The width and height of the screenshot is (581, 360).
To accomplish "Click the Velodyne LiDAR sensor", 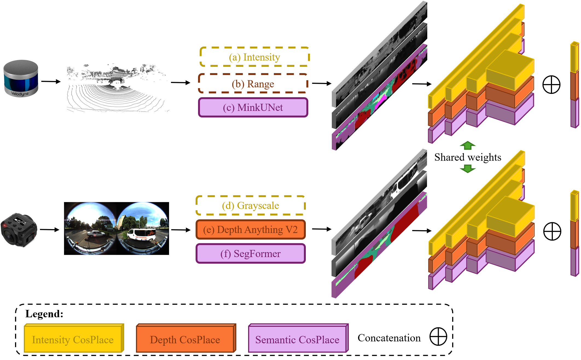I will [x=21, y=78].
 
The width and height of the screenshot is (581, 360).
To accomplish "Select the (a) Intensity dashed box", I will [x=255, y=57].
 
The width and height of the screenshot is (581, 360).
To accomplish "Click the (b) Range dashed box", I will [x=253, y=84].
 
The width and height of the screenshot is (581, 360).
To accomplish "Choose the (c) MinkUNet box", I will [x=253, y=108].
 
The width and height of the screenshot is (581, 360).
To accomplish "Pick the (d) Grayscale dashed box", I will [x=251, y=206].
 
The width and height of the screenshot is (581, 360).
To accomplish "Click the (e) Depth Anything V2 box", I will [x=251, y=230].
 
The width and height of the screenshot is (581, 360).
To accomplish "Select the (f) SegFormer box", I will [x=251, y=254].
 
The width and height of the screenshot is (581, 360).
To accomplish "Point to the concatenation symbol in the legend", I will [x=438, y=336].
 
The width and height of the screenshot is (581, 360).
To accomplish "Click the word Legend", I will [x=44, y=314].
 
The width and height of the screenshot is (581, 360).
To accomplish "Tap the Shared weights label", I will [x=468, y=157].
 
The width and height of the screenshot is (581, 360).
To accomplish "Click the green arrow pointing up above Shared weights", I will [x=468, y=145].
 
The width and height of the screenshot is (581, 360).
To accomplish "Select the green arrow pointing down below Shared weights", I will [x=468, y=169].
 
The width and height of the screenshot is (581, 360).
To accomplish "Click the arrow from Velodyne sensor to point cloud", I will [x=51, y=82].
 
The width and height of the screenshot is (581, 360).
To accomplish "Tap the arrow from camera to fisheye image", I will [x=50, y=230].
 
